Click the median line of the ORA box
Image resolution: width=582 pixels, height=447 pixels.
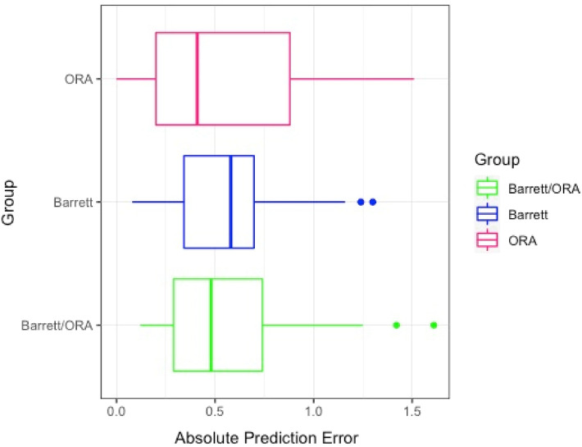click(197, 79)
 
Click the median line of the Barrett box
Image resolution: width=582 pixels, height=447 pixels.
click(231, 202)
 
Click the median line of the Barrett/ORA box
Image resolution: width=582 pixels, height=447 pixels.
click(211, 325)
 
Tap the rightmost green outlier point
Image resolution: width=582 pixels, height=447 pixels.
click(434, 325)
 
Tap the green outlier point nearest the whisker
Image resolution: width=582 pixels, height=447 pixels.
click(396, 325)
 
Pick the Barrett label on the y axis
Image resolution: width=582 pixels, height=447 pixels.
click(74, 202)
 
